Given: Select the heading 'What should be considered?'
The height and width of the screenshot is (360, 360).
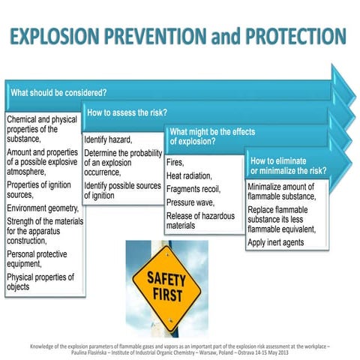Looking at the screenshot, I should (x=58, y=93).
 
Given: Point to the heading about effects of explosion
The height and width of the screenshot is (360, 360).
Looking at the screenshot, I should (x=212, y=136).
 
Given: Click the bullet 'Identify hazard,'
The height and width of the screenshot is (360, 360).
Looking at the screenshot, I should (x=109, y=139).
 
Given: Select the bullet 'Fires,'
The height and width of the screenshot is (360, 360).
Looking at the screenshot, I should (x=175, y=161).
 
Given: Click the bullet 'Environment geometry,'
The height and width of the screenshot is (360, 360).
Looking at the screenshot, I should (x=42, y=208).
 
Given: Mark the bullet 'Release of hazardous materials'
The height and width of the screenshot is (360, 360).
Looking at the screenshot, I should (x=200, y=220).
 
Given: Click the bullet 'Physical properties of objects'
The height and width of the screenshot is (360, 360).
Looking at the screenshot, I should (x=40, y=282).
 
